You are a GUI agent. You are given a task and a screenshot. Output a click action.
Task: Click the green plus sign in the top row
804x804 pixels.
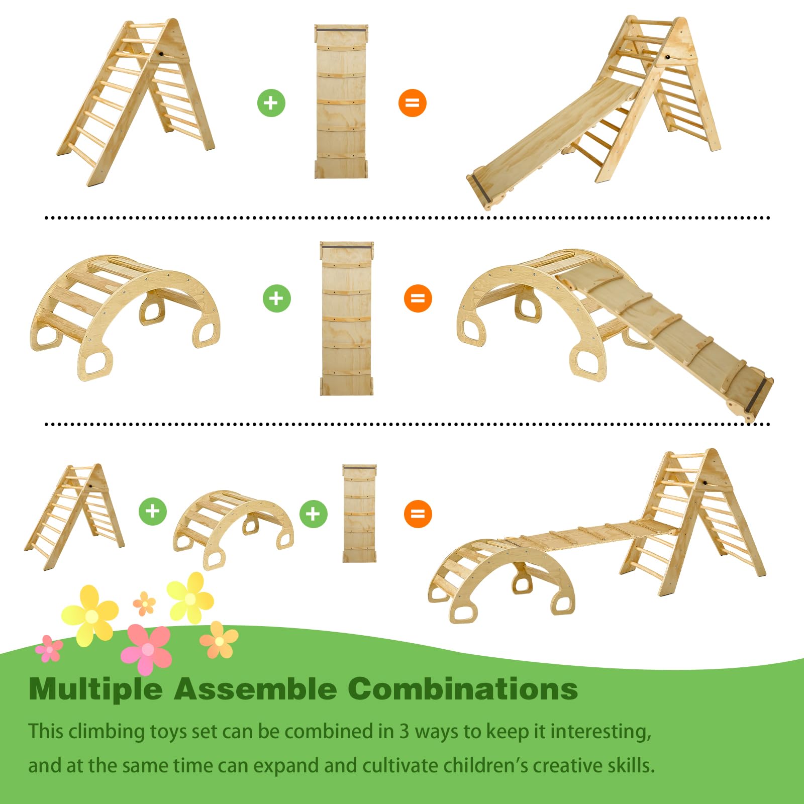point(271,103)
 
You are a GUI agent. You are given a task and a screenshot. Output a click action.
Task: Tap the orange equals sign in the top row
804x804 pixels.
point(412,103)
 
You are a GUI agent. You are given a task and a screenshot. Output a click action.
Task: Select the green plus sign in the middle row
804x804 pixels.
point(276,298)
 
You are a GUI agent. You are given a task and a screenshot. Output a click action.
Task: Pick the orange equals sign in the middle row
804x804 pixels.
point(418,298)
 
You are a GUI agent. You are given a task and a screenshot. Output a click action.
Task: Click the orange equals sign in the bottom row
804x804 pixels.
point(418,514)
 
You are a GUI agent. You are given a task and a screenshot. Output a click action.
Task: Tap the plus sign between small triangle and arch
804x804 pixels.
point(152,512)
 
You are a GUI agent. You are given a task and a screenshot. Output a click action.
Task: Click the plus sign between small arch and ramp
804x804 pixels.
point(313,514)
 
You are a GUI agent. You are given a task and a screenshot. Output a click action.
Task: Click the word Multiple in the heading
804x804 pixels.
point(95,689)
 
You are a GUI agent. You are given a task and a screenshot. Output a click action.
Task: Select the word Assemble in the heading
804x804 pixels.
point(255,688)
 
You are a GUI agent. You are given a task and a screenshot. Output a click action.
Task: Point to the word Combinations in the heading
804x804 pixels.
point(462,688)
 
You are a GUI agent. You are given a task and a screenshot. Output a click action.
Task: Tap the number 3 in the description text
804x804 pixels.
point(404,732)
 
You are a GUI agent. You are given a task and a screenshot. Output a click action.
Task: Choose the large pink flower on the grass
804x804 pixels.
point(147,649)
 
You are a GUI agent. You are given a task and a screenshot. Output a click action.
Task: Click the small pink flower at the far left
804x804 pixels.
point(49,649)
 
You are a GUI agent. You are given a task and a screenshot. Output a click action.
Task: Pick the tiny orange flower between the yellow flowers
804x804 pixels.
point(144,603)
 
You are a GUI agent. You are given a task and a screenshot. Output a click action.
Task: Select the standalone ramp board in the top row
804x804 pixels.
point(341,101)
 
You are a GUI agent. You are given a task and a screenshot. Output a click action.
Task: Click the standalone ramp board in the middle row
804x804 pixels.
point(347,319)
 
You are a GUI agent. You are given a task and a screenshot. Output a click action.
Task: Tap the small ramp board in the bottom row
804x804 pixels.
point(359,513)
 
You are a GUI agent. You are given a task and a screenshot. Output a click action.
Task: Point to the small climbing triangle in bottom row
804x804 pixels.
point(74,517)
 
